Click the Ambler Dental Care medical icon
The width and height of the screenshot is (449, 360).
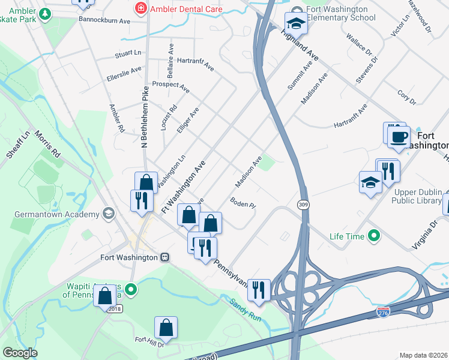[x=140, y=9]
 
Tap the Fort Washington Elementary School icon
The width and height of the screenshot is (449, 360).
[x=295, y=23]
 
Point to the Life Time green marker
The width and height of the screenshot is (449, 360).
[x=374, y=236]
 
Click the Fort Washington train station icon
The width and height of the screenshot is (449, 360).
[x=164, y=257]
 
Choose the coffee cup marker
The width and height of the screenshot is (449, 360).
[x=398, y=137]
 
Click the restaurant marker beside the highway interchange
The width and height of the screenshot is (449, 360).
[x=259, y=289]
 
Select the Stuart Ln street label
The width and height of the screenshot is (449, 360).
[x=128, y=54]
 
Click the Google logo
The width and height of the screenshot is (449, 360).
[x=20, y=353]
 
